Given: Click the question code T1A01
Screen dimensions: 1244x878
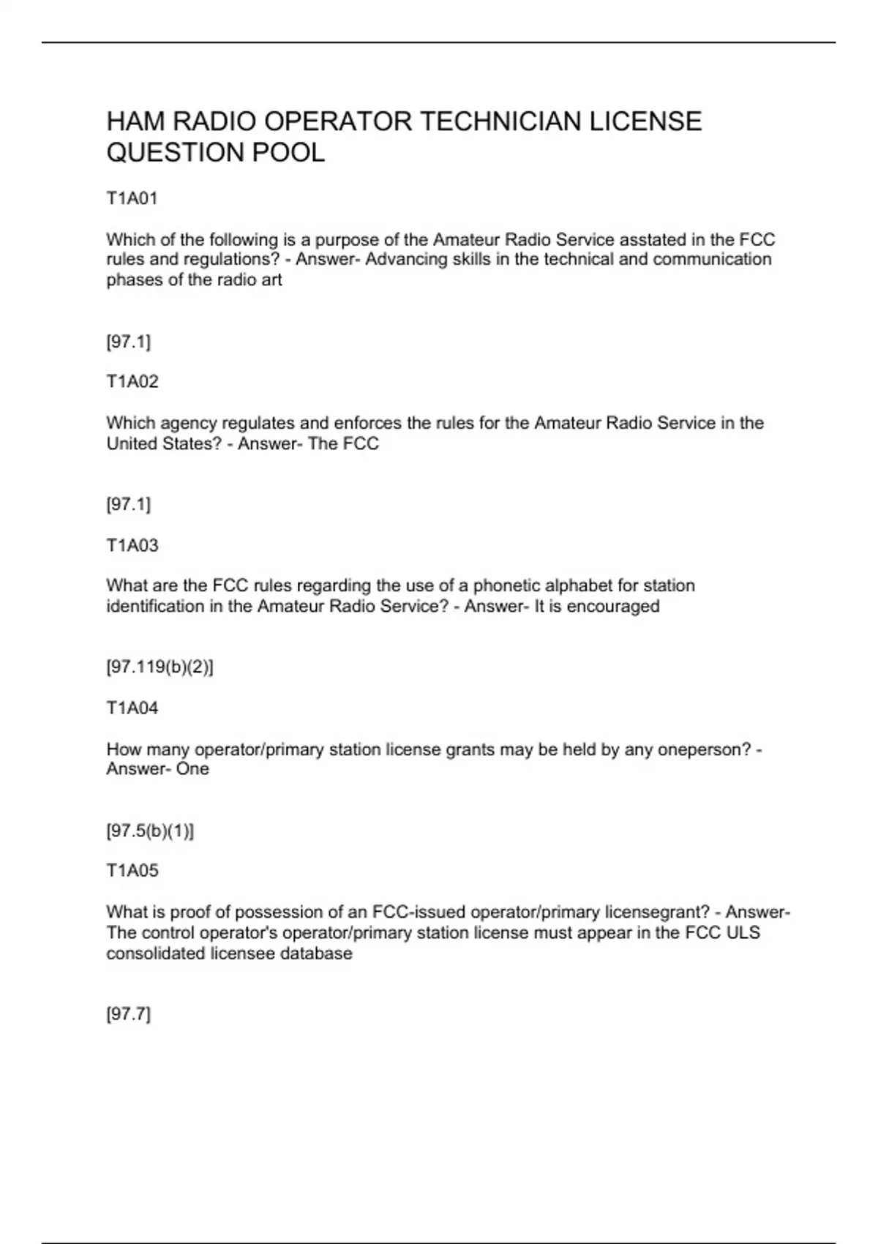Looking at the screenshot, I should tap(132, 198).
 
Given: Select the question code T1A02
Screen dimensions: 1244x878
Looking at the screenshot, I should tap(132, 381).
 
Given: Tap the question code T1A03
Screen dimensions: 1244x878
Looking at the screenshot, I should tap(132, 545).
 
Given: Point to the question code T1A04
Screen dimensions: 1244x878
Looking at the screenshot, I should tap(132, 708).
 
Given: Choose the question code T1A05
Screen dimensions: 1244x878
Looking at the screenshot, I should tap(132, 870).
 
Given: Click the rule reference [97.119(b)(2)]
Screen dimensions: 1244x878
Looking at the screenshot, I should tap(160, 667).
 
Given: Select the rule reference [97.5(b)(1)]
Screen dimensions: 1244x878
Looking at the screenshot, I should tap(150, 831).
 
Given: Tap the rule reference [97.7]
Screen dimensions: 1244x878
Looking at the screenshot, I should tap(128, 1014).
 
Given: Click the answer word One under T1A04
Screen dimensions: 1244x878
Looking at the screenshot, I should tap(192, 769).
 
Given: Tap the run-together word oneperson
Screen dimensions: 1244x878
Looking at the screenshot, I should tap(698, 750).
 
